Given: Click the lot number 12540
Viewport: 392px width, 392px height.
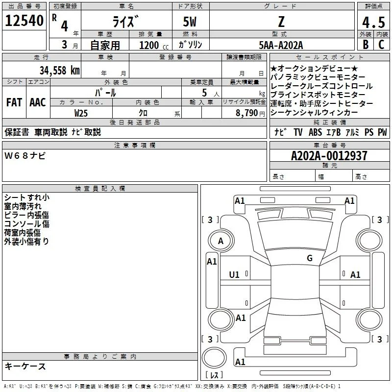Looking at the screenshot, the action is point(24,21).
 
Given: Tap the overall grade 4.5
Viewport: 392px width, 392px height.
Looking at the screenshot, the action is point(373,22).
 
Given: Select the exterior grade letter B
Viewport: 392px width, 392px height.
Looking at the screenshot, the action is point(366,45).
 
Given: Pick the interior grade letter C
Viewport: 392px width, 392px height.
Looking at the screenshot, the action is point(381,45).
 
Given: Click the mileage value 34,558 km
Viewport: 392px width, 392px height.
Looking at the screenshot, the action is point(60,71).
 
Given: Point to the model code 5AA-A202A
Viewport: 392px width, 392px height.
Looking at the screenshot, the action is point(281,45).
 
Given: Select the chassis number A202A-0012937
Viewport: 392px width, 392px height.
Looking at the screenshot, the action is point(329,156).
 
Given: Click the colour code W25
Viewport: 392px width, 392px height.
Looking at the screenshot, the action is point(81,113).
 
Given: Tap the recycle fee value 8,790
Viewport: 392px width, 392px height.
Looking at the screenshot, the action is point(246,113).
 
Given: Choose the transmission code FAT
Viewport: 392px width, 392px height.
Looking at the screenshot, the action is point(14,102).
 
